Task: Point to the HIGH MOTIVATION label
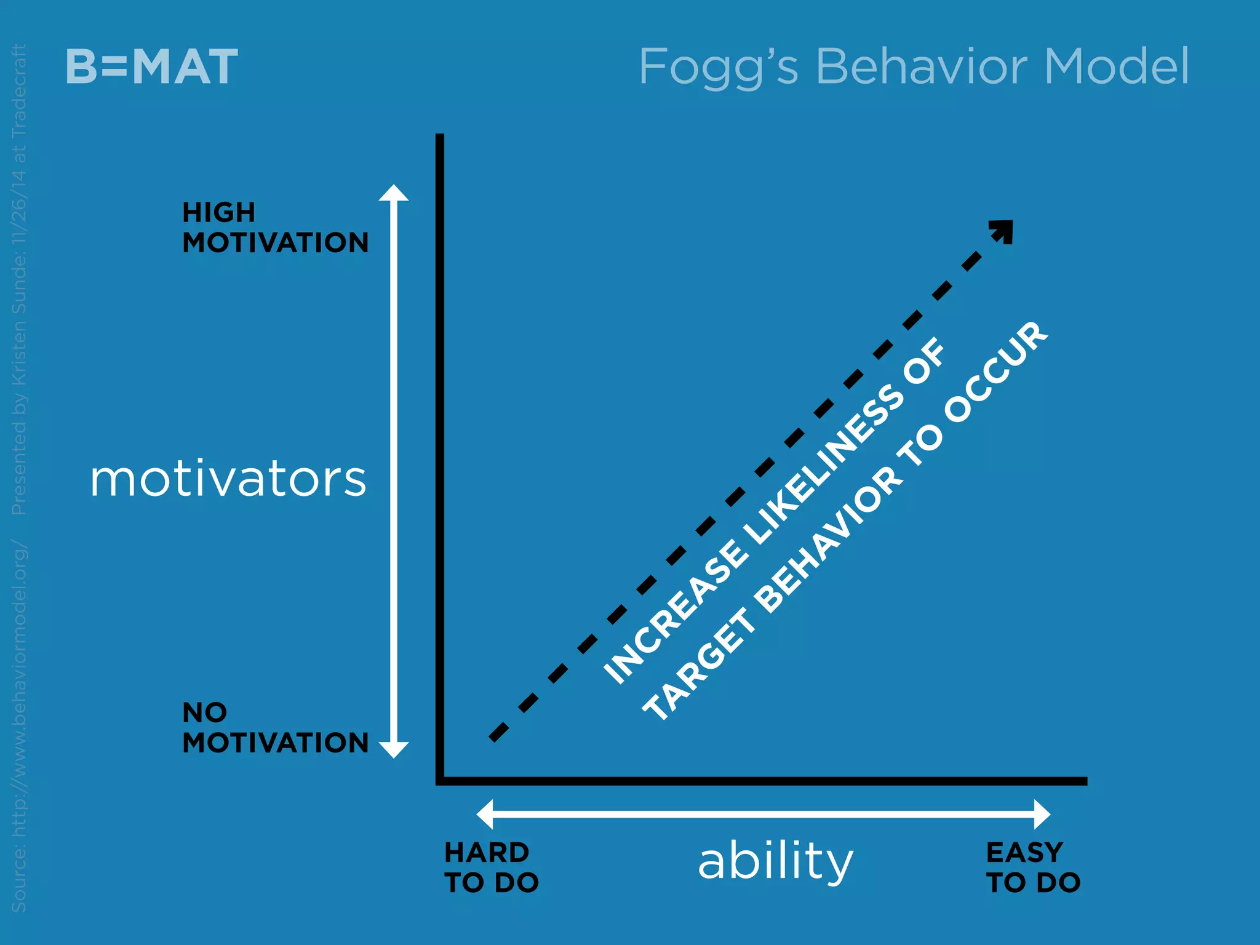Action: (275, 228)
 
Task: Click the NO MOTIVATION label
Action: (275, 728)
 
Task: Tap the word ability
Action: (775, 861)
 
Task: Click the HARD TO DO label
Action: (491, 867)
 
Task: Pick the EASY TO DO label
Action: (1033, 867)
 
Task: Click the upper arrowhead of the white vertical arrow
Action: (394, 193)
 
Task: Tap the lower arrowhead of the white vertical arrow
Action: (394, 749)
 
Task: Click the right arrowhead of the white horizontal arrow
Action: (1042, 815)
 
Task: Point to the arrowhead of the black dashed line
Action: (1003, 230)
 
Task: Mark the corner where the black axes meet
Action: (440, 781)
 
